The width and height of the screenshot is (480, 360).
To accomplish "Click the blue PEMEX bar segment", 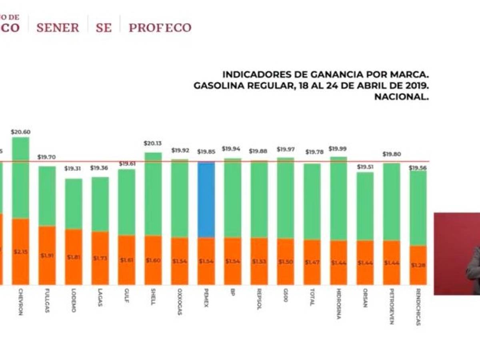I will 206,200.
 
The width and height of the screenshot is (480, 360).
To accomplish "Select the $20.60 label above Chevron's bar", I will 21,132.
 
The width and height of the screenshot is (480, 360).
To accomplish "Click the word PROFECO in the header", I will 160,28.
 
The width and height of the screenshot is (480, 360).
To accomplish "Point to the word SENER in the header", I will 58,28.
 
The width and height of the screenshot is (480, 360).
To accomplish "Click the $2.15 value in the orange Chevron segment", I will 20,252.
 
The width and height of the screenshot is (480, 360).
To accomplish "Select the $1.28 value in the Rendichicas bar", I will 418,265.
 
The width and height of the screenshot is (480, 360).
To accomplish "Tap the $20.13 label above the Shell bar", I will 153,143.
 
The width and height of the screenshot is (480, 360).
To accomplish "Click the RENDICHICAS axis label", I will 418,307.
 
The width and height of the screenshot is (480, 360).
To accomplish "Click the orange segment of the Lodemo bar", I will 74,257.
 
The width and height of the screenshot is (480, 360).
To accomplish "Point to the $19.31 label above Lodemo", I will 73,168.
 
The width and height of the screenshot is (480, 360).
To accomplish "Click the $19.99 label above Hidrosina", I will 338,148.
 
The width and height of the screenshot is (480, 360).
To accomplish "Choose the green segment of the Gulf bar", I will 126,202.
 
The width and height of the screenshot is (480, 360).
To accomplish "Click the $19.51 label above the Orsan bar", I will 365,166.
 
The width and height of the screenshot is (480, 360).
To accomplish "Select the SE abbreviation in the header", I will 104,28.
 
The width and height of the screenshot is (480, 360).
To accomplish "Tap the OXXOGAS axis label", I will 180,302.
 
